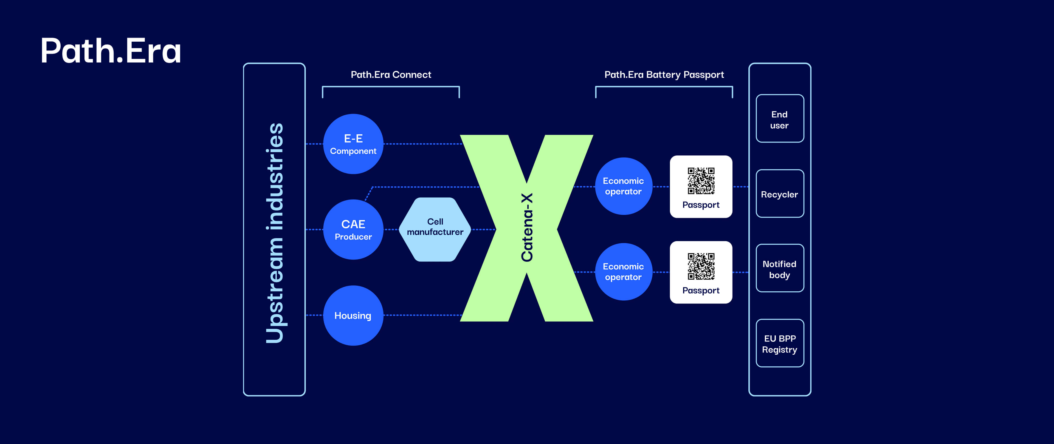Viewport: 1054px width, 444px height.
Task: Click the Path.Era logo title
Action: pos(111,51)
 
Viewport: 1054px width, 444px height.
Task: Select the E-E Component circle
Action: pos(353,144)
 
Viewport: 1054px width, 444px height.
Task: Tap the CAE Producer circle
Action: pos(353,230)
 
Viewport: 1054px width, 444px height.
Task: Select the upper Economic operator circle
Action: pos(623,186)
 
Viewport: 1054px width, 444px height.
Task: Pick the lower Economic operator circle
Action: pos(623,272)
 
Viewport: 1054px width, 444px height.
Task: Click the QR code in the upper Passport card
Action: pos(701,180)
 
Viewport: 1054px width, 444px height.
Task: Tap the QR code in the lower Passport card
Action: pos(701,266)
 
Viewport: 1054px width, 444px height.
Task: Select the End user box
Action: pos(779,119)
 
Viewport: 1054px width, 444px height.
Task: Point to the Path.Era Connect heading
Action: pos(391,74)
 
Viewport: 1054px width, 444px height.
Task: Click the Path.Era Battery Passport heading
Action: pos(664,74)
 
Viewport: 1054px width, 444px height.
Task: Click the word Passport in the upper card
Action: pos(701,205)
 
